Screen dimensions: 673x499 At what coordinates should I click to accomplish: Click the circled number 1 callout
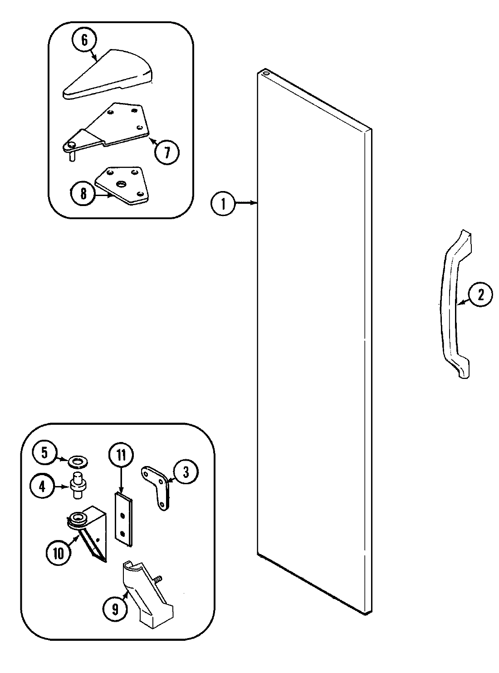click(x=223, y=204)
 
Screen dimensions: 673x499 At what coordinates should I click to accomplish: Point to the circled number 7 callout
click(x=166, y=152)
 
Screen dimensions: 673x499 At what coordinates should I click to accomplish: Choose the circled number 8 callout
click(x=83, y=194)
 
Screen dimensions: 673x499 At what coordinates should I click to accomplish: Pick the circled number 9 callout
click(x=115, y=609)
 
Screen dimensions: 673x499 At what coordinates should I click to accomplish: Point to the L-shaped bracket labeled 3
click(x=158, y=485)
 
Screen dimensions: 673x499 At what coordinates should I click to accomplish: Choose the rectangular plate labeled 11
click(x=123, y=518)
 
